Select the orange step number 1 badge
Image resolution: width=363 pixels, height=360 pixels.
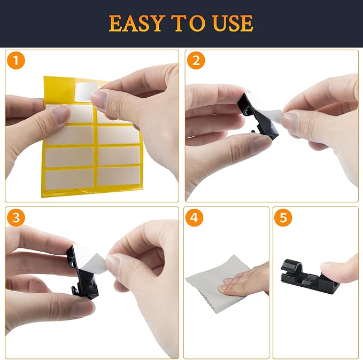(x=17, y=61)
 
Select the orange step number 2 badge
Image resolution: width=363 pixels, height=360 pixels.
(x=197, y=61)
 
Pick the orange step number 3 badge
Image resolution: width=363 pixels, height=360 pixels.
(x=17, y=217)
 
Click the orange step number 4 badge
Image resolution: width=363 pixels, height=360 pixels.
(x=196, y=218)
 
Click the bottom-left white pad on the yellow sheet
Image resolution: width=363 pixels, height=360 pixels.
(x=68, y=178)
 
